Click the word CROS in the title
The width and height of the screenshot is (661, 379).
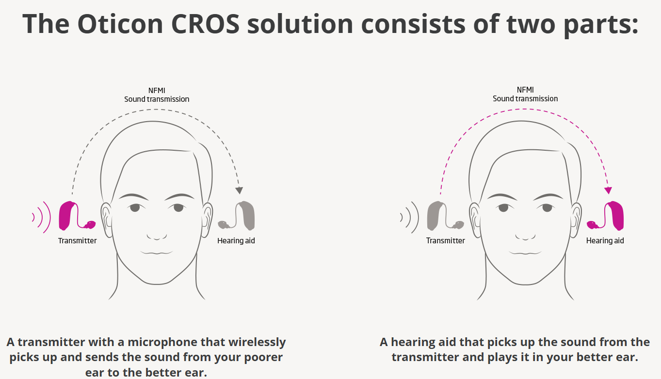[x=205, y=24]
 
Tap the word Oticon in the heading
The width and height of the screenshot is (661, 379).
[x=120, y=24]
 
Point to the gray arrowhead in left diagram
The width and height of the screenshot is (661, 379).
[x=239, y=190]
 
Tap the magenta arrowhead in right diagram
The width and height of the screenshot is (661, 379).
[x=608, y=190]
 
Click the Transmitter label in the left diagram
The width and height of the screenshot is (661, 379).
[x=77, y=241]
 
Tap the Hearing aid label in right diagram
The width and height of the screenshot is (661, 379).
[x=605, y=241]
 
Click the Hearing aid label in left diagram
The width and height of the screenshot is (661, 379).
[x=236, y=241]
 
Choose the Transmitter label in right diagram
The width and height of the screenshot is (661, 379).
[x=446, y=241]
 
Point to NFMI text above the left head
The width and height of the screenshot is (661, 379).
[x=157, y=91]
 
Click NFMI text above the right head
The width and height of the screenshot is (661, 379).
[x=525, y=90]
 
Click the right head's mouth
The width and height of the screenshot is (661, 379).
[x=525, y=253]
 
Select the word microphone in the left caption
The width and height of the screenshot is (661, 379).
[x=162, y=343]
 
